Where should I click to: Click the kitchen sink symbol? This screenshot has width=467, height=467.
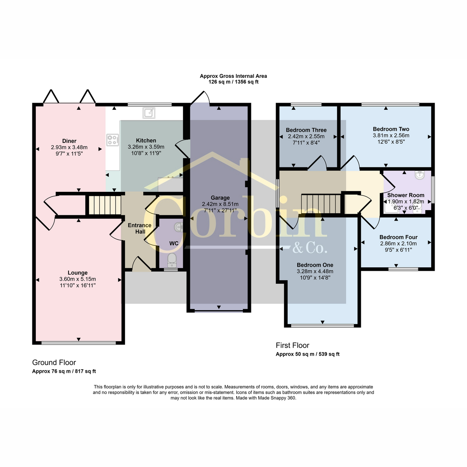click(149, 113)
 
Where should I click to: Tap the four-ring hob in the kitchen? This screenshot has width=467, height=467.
click(113, 140)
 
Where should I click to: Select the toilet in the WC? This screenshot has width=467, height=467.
click(172, 260)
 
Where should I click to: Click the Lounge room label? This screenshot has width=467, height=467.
click(77, 273)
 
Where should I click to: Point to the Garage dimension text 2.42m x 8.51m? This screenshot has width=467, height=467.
click(220, 204)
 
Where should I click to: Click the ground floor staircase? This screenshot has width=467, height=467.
click(105, 205)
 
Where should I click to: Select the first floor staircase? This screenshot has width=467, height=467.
click(321, 204)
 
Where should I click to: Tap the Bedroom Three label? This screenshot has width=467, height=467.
click(306, 130)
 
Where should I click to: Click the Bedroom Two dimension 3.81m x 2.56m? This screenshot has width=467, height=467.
click(391, 135)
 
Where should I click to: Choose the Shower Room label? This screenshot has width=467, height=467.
click(406, 195)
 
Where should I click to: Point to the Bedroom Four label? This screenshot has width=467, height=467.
click(399, 237)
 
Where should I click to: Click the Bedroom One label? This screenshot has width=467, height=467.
click(315, 265)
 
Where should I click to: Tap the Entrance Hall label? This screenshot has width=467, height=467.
click(140, 228)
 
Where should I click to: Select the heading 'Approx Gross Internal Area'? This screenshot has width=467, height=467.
click(233, 76)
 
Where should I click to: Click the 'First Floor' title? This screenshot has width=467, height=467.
click(293, 345)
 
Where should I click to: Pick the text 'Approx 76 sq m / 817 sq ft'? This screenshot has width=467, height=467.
click(64, 371)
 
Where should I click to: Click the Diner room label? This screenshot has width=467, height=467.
click(69, 141)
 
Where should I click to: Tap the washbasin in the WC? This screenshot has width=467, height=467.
click(178, 227)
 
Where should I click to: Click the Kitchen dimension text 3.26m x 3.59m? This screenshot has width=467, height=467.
click(146, 147)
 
